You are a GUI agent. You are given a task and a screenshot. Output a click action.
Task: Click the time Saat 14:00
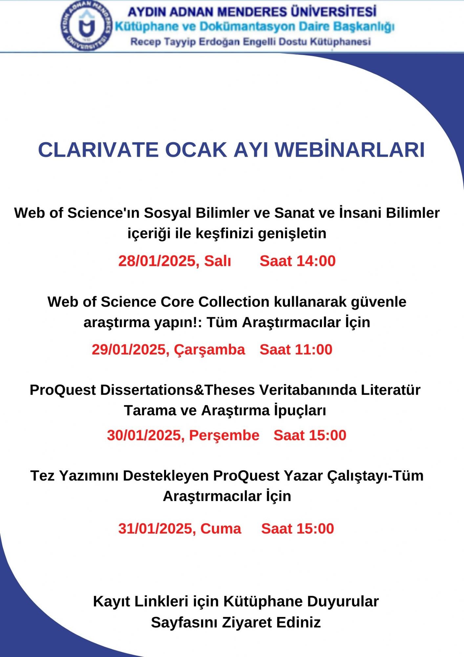(298, 261)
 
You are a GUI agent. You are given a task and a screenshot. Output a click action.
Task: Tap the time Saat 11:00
(296, 350)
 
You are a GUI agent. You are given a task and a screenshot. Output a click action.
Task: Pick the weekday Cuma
(221, 529)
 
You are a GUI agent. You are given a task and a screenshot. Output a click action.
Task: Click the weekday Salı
(218, 261)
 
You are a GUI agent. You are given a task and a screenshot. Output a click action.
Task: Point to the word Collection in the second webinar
(234, 302)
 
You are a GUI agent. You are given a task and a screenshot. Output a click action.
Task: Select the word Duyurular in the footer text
(343, 601)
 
